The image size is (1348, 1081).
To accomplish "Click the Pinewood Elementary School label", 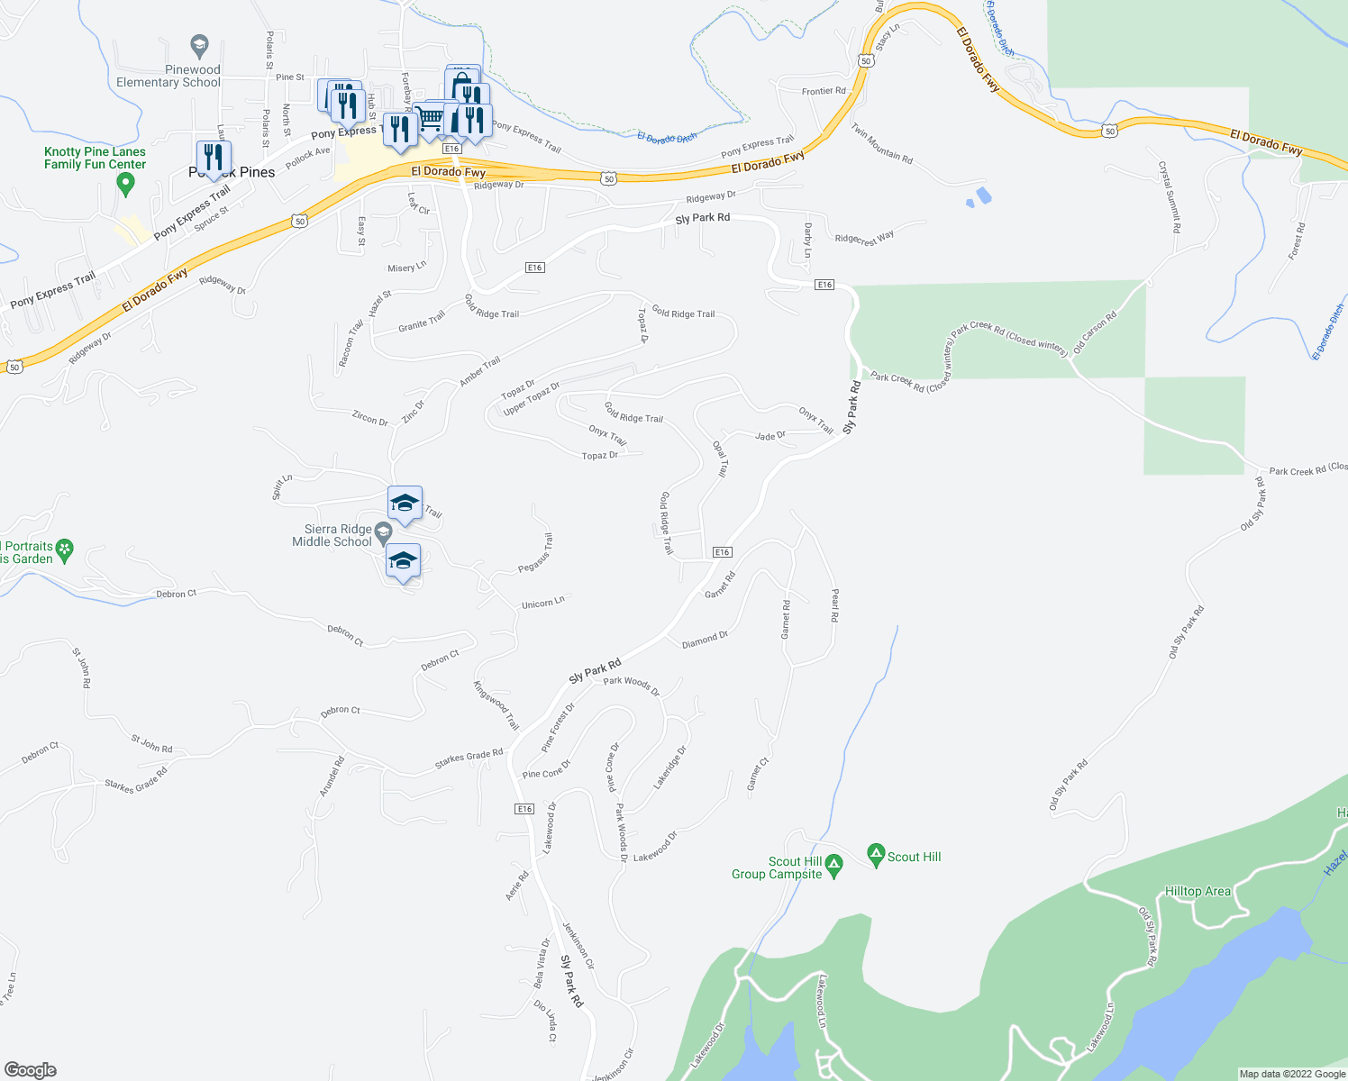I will pos(168,76).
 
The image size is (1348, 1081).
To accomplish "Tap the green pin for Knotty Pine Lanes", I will pos(126,184).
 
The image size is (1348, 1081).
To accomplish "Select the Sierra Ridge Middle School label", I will pos(332,536).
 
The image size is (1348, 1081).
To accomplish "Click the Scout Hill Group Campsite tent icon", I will pos(834,867).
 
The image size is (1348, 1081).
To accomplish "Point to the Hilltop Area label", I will pos(1198,892).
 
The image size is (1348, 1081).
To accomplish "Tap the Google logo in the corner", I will pos(30,1070).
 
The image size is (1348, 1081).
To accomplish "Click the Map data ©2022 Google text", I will pos(1292,1074).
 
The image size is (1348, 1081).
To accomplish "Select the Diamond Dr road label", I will pos(705,640).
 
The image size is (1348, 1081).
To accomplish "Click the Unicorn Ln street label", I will pos(543,603).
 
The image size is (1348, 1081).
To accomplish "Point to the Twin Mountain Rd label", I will pos(882,143).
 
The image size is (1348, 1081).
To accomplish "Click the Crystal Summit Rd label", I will pos(1169,197).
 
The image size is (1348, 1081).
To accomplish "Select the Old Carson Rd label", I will pos(1095,332).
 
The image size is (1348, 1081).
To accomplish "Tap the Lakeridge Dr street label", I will pos(670,768).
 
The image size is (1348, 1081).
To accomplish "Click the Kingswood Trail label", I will pos(496,704).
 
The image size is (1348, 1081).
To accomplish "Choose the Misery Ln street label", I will pos(406,267).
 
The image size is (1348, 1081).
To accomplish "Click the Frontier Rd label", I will pos(824,91).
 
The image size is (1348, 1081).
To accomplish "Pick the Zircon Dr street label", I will pos(369,419).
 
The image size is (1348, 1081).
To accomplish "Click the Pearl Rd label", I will pos(834,605).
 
